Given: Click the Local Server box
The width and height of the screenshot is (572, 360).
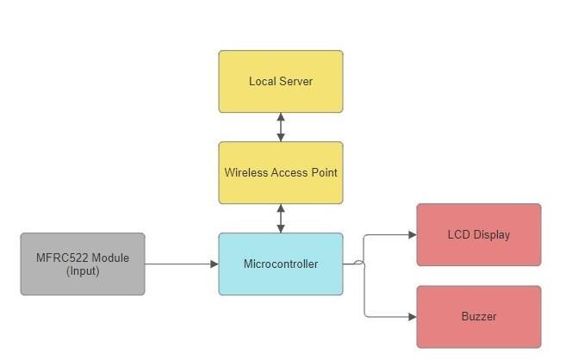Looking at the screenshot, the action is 281,81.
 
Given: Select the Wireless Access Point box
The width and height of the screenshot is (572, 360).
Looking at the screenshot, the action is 281,172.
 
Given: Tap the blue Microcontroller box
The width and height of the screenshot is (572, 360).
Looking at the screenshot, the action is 281,264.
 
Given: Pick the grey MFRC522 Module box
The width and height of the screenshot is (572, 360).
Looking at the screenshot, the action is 83,264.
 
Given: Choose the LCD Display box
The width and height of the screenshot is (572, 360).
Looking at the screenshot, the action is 479,234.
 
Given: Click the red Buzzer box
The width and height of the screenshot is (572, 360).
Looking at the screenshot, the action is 479,317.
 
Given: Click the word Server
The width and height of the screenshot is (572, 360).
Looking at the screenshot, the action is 295,81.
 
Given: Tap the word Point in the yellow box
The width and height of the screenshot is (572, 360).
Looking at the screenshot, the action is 324,172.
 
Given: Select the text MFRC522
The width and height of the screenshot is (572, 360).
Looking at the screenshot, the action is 62,258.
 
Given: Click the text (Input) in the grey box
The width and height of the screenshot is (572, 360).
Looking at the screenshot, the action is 83,271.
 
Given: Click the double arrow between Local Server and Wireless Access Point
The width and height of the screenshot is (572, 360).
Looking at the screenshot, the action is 281,127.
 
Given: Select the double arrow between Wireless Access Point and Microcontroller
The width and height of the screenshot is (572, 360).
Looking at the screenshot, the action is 281,218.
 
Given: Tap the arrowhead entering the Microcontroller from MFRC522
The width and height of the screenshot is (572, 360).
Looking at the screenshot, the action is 214,264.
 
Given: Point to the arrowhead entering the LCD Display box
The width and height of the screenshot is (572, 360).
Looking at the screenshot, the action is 413,235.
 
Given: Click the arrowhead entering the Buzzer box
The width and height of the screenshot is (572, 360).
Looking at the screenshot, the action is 413,317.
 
